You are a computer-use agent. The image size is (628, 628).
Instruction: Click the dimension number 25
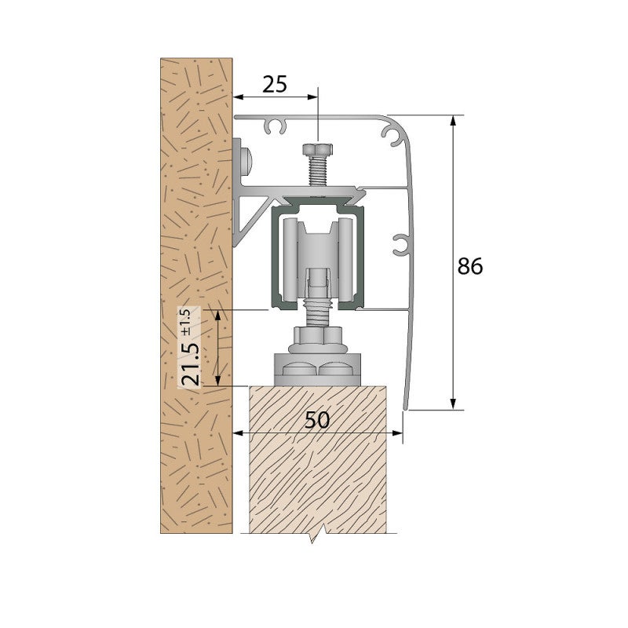(275, 84)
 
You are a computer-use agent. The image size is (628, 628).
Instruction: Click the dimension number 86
(470, 266)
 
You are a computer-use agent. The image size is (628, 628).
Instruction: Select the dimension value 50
(317, 420)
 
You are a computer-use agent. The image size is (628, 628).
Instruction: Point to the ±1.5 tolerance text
(186, 323)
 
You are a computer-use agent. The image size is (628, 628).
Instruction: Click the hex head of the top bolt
(318, 150)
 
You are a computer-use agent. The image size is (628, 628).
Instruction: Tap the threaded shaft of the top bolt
(318, 171)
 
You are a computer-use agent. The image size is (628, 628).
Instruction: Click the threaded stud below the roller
(318, 316)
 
